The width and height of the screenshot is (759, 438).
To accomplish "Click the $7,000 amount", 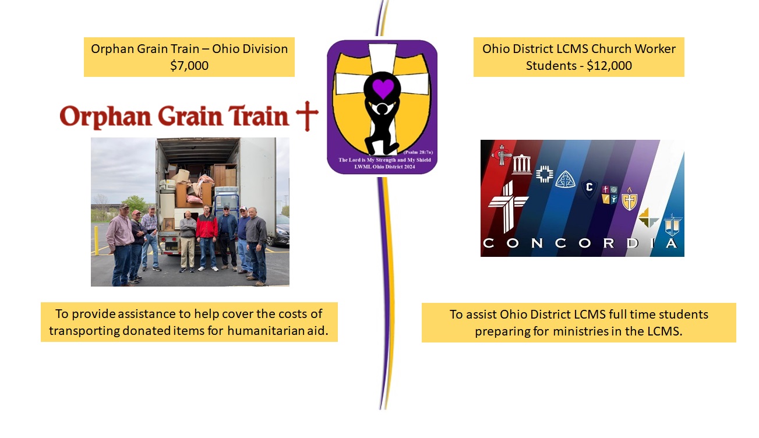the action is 189,65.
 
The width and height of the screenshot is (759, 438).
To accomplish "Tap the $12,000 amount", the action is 609,65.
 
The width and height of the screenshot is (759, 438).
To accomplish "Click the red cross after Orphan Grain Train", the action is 307,116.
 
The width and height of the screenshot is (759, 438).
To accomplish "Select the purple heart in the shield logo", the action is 383,88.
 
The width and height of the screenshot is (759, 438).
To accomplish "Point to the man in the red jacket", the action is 207,237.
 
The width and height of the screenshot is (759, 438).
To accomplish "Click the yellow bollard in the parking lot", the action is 97,241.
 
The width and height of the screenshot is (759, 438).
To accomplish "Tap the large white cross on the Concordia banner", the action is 507,207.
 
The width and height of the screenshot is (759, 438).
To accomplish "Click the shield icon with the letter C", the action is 589,188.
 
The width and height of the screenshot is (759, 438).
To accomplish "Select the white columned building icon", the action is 522,164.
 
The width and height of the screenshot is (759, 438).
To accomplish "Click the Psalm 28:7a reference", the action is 418,152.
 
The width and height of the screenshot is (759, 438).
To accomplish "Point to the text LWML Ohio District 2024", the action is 384,167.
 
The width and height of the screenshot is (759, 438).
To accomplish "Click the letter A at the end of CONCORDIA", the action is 671,243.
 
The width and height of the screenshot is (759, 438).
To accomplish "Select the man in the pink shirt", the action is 121,245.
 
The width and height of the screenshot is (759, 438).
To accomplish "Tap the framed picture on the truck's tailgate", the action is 169,224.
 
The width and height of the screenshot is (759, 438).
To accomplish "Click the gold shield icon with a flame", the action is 630,199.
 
